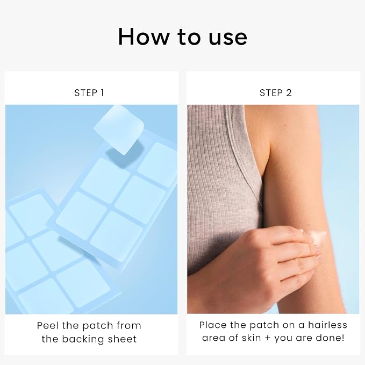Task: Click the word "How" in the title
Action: (x=144, y=37)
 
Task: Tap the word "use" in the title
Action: (x=228, y=38)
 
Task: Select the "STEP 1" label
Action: (x=89, y=93)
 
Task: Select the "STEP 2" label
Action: (x=276, y=93)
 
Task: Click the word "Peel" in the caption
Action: (x=47, y=325)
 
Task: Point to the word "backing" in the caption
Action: (x=83, y=339)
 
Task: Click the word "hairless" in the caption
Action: (x=327, y=325)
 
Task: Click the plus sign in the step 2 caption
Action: (x=268, y=338)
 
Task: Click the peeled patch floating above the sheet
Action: (x=119, y=130)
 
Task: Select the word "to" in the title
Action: (x=189, y=38)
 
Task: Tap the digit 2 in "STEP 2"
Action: (x=289, y=93)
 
